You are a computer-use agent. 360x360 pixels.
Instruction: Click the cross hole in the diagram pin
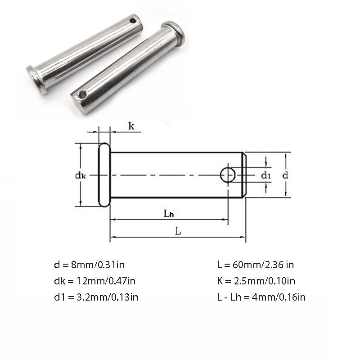[x=228, y=175]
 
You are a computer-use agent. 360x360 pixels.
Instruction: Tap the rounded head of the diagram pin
[x=104, y=175]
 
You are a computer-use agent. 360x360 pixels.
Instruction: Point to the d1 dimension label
[x=266, y=175]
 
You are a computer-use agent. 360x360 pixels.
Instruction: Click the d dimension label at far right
[x=285, y=175]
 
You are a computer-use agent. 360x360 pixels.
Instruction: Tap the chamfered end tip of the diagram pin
[x=243, y=175]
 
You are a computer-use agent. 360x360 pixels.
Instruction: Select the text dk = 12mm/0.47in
[x=94, y=281]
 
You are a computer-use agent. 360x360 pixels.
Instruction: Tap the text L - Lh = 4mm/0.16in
[x=262, y=297]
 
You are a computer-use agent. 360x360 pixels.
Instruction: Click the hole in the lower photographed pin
[x=82, y=95]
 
